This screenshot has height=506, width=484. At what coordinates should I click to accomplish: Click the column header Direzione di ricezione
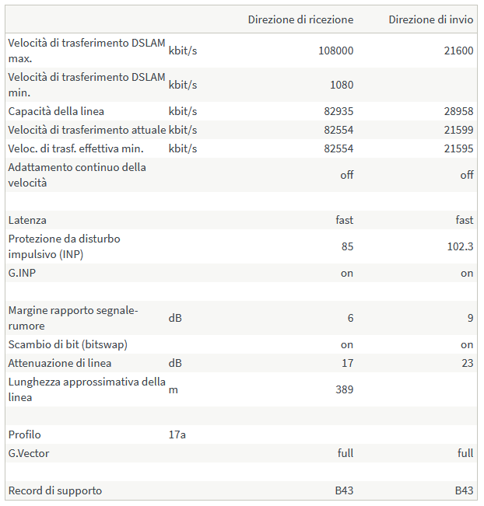point(300,19)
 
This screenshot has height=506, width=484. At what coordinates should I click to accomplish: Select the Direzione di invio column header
point(430,19)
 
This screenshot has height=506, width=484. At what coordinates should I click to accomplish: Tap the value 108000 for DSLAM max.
point(335,51)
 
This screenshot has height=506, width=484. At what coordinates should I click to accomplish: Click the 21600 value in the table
point(458,51)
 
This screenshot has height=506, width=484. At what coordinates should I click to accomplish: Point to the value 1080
point(341,85)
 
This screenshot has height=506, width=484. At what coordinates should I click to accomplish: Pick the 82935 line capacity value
point(338,111)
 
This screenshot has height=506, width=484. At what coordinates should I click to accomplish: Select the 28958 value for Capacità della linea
point(458,111)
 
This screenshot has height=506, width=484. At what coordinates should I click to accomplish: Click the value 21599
point(458,130)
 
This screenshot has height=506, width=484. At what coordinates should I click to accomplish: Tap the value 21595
point(458,148)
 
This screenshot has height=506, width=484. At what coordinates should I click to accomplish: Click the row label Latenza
point(27,220)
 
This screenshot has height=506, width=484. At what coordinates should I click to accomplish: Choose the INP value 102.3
point(461,246)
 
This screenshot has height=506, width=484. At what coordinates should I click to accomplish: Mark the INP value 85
point(346,246)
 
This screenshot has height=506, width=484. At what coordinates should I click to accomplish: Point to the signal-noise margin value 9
point(470,318)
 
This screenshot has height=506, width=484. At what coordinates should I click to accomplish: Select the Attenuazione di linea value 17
point(347,363)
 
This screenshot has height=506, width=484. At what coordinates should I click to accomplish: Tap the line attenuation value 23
point(467,363)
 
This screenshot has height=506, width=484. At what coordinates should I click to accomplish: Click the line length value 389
point(344,389)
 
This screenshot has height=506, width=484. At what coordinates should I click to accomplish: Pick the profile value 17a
point(177,434)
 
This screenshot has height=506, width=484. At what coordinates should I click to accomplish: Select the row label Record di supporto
point(54,490)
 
